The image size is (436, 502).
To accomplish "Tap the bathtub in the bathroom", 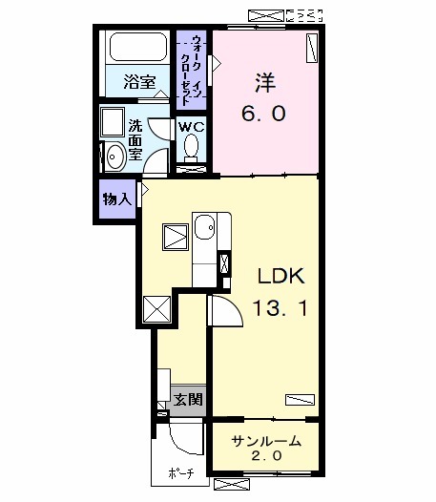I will tap(136, 47).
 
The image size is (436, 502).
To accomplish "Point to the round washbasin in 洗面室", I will tap(114, 156).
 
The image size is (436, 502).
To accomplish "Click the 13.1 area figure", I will tap(280, 308).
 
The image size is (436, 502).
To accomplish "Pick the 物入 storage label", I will tap(116, 200).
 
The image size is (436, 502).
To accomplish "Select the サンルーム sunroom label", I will tap(267, 441).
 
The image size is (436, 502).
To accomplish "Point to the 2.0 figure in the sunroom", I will tap(267, 457).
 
